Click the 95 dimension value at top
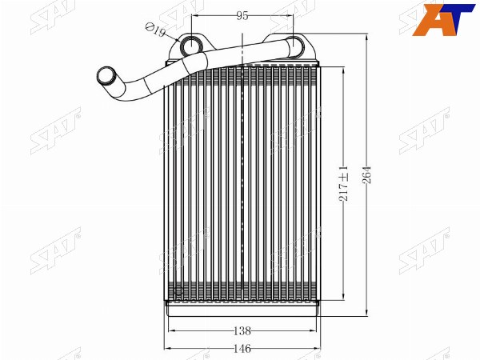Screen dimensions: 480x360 point(242,15)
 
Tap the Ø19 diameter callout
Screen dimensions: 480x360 point(155,30)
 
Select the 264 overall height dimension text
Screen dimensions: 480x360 point(366,174)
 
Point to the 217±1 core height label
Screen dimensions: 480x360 point(343,183)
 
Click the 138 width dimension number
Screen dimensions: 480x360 point(242,330)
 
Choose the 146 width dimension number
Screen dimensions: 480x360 point(242,348)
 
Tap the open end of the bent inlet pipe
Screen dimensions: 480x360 point(106,75)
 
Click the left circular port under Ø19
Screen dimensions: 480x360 point(191,46)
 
